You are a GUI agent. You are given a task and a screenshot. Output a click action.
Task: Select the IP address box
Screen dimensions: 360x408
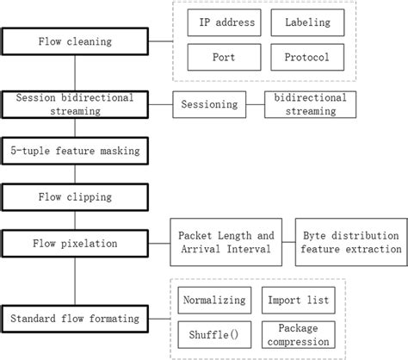pos(219,22)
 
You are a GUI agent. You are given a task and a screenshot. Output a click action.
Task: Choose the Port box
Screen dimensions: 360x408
pos(219,57)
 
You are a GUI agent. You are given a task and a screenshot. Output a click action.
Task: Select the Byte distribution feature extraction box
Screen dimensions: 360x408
pos(350,242)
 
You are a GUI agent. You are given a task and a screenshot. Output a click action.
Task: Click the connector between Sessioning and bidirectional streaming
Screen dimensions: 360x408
pos(256,104)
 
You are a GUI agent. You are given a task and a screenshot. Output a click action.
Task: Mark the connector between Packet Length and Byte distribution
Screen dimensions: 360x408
pos(286,242)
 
